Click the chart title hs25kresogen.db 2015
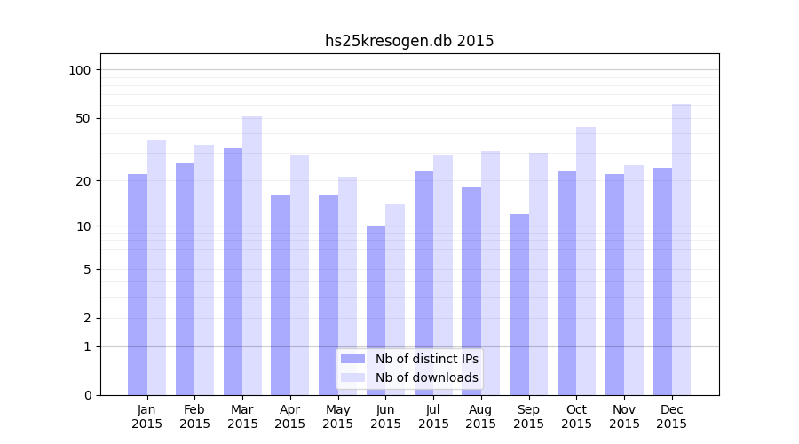(x=409, y=41)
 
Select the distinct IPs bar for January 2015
(x=138, y=284)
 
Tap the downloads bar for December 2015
(x=681, y=250)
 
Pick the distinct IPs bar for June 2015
(x=376, y=310)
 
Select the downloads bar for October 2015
(x=586, y=261)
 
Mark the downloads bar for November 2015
(x=634, y=280)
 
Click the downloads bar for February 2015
(x=204, y=270)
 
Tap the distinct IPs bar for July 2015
(x=423, y=283)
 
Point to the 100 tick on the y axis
(x=80, y=70)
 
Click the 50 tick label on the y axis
(x=83, y=118)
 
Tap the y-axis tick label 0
(x=87, y=395)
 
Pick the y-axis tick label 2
(x=87, y=318)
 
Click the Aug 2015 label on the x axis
(x=481, y=416)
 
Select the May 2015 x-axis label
(x=338, y=416)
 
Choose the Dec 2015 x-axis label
(x=672, y=416)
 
